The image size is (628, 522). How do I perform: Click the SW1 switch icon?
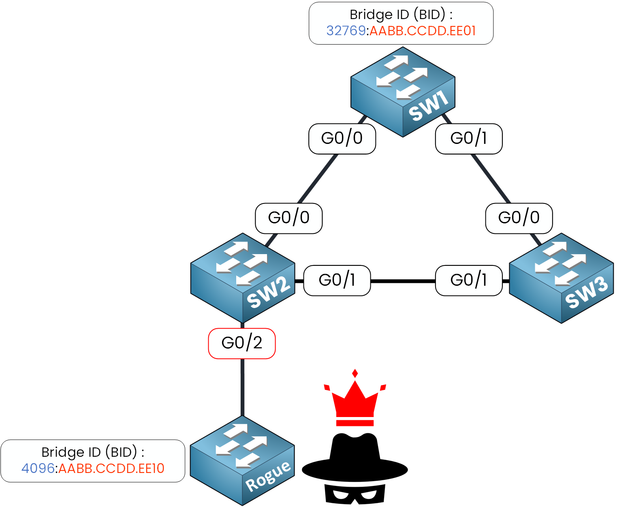(x=403, y=92)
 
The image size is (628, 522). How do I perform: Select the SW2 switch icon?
(x=243, y=278)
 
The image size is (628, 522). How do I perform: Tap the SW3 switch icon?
(x=561, y=278)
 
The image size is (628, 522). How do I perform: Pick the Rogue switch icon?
(x=242, y=461)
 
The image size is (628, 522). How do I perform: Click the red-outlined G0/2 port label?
(x=242, y=343)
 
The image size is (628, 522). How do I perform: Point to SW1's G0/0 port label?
(x=342, y=139)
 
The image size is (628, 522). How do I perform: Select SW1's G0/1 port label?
(x=469, y=139)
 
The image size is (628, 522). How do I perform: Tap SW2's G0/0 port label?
(x=289, y=218)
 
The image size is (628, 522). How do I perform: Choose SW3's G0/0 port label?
(x=519, y=218)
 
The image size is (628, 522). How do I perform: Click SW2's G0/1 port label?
(x=337, y=280)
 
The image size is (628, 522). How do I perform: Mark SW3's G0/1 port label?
(x=469, y=280)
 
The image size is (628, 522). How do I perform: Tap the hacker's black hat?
(x=355, y=458)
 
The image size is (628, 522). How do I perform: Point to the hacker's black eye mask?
(x=355, y=494)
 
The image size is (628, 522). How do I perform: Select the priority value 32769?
(x=346, y=31)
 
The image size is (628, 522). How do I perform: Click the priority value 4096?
(x=38, y=469)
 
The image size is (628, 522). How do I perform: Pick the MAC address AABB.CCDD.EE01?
(x=423, y=31)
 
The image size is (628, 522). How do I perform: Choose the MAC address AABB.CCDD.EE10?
(x=111, y=469)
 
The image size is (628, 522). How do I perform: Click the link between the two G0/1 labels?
(x=403, y=280)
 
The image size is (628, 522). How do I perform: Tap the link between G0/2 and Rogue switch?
(x=242, y=387)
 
